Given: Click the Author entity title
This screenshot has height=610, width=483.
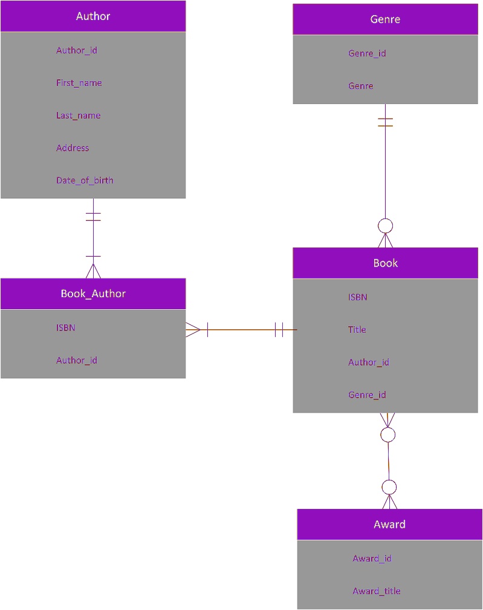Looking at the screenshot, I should click(93, 16).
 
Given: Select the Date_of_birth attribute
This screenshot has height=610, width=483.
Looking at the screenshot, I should click(85, 180).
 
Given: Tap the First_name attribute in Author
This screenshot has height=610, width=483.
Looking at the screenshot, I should click(79, 83).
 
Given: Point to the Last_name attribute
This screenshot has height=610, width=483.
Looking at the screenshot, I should click(78, 116).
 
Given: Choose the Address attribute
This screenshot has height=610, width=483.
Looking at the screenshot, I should click(73, 148).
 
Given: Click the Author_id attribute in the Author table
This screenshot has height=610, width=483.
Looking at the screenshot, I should click(76, 50).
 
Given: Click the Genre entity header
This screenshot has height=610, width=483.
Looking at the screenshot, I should click(385, 19).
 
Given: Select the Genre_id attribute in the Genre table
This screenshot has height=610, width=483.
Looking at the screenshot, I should click(367, 53).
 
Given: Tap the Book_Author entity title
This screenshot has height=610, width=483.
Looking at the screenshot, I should click(93, 294).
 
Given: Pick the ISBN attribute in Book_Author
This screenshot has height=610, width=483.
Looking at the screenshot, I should click(65, 328).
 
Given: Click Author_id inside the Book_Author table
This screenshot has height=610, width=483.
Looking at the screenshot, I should click(76, 361).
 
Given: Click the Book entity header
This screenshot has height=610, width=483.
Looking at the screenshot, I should click(385, 263).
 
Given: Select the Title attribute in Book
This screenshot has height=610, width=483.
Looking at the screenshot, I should click(357, 330).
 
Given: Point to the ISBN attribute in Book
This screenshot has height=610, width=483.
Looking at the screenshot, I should click(357, 297).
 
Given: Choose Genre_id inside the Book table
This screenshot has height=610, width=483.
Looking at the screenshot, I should click(367, 395).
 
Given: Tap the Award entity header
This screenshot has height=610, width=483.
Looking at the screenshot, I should click(389, 525).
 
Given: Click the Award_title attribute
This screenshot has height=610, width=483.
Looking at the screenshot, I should click(376, 591).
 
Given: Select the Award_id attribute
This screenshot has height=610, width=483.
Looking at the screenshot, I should click(372, 559).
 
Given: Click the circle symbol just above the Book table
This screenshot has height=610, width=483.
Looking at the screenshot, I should click(385, 226).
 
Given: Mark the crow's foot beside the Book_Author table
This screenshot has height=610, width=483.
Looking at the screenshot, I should click(193, 330).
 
